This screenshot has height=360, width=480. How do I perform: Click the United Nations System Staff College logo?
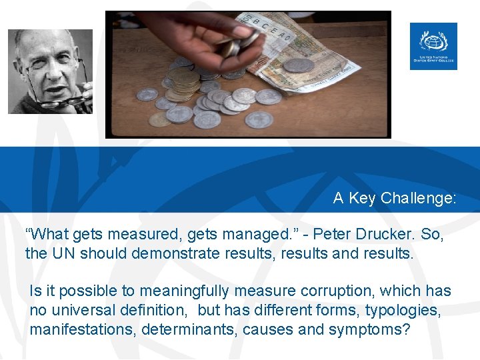(433, 46)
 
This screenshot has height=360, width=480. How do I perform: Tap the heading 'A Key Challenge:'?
(395, 198)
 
